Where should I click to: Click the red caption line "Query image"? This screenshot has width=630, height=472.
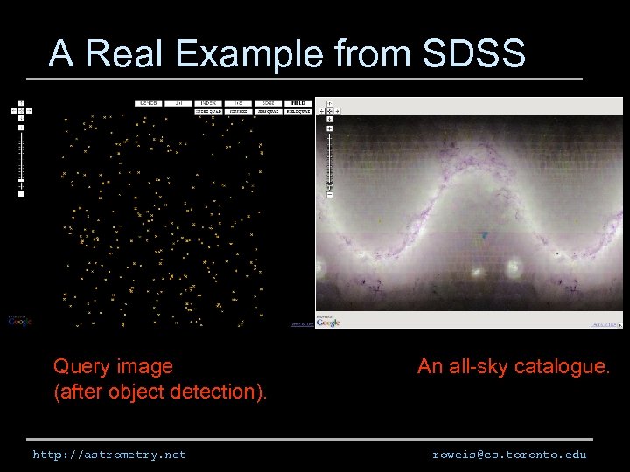tap(113, 366)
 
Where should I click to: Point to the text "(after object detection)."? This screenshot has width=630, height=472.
tap(160, 392)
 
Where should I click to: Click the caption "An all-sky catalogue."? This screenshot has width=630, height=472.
tap(513, 366)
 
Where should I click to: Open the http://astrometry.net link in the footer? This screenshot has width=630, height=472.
tap(109, 455)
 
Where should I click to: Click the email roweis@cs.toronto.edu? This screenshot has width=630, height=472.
tap(509, 455)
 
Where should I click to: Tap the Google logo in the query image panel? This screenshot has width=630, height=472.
tap(19, 321)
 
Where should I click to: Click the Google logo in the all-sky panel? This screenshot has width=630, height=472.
tap(328, 323)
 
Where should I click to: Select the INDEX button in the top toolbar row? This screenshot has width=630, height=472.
tap(208, 102)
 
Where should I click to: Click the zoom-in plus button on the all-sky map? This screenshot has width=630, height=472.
tap(330, 128)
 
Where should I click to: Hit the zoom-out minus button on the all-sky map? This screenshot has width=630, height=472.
tap(330, 194)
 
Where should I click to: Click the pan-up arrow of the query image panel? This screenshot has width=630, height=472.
tap(21, 102)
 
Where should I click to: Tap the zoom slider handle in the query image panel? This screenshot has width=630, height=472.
tap(21, 182)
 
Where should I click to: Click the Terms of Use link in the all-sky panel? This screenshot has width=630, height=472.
tap(603, 324)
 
